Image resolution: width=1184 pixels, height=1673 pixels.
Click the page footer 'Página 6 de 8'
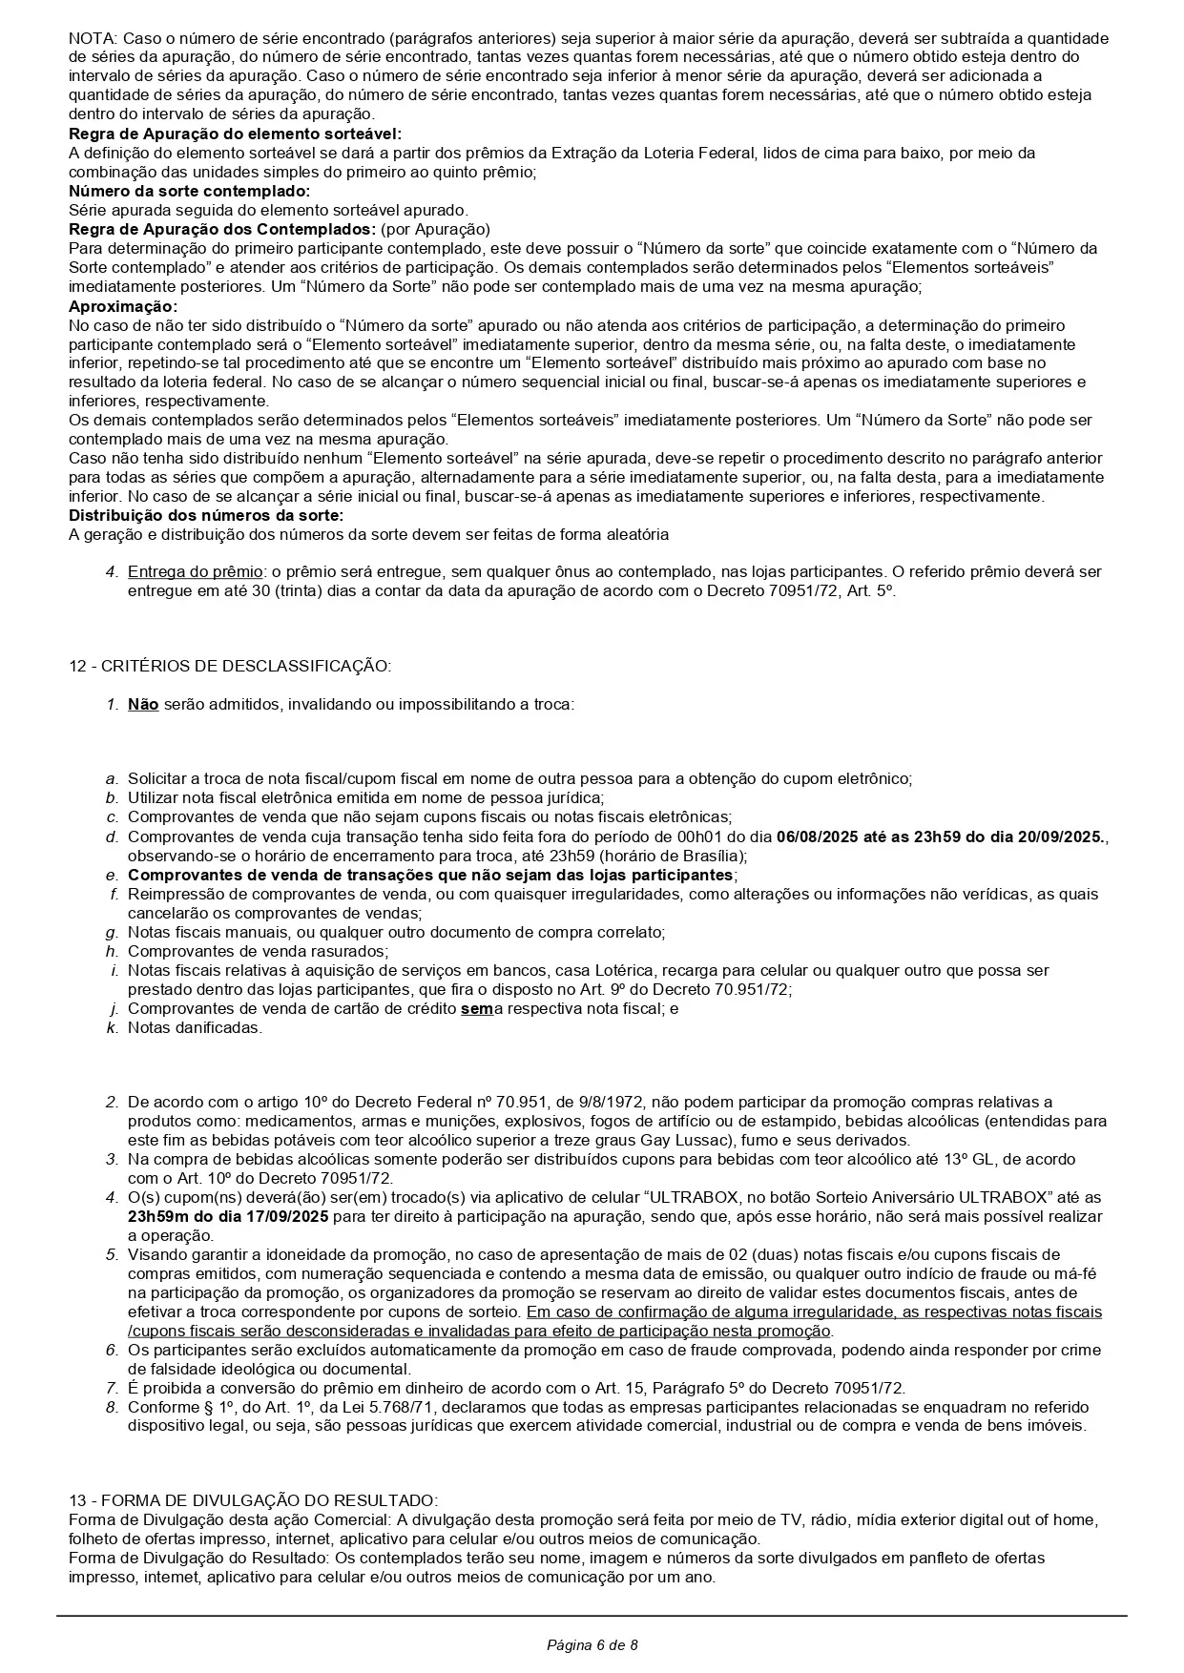(x=592, y=1644)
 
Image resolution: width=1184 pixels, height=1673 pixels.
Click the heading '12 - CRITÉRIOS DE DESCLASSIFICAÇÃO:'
(x=229, y=666)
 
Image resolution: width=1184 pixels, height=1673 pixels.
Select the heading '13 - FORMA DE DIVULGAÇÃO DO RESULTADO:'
(x=253, y=1500)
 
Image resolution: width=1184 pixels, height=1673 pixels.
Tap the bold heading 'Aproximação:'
(x=123, y=306)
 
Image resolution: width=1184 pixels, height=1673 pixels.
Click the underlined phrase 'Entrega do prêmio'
(x=196, y=571)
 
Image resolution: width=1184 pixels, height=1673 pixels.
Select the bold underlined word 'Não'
(x=143, y=705)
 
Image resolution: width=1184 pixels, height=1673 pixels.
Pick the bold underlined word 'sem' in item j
(x=476, y=1008)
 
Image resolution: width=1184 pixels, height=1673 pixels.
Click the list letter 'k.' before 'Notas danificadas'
(x=113, y=1027)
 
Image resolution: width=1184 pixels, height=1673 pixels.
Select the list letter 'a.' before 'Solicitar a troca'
(x=113, y=778)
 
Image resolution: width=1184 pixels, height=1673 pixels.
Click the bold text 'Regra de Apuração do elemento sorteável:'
(x=235, y=134)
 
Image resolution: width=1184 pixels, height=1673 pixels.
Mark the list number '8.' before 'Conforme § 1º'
(x=112, y=1407)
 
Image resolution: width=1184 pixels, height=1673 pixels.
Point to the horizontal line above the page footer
(x=592, y=1615)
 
